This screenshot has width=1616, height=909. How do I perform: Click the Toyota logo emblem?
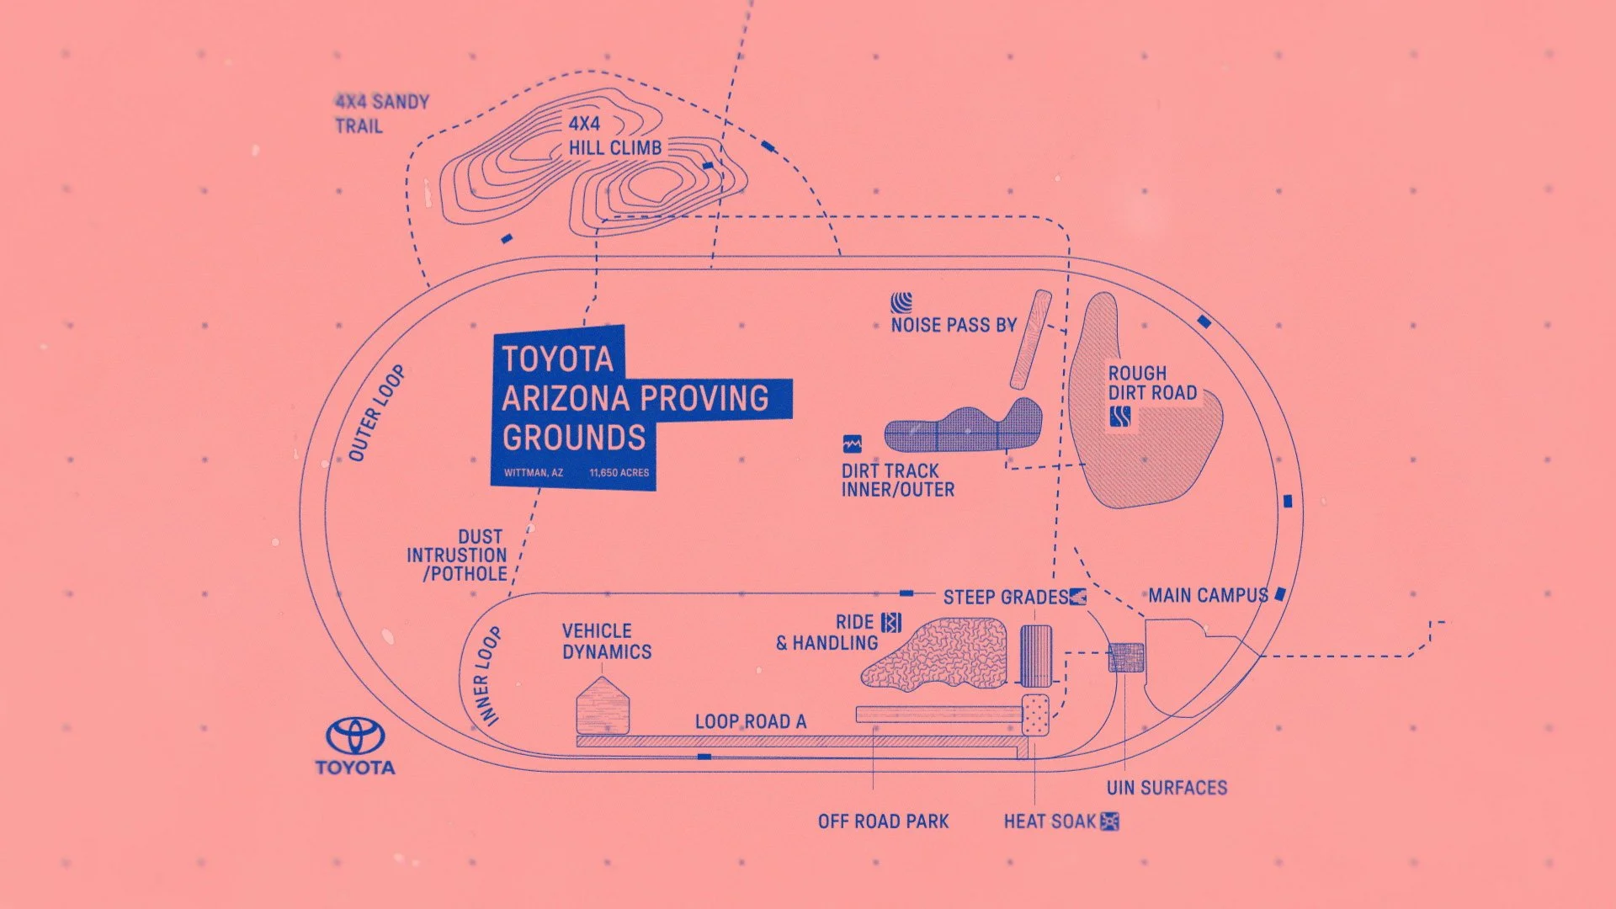355,736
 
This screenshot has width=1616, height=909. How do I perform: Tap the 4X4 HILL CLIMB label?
614,136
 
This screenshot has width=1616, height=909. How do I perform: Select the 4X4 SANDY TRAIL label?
381,114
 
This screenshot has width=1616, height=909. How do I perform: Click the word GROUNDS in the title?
574,438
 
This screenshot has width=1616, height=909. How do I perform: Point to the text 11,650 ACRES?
619,473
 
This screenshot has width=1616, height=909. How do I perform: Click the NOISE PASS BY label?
954,325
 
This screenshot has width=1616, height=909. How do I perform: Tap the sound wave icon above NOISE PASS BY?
901,302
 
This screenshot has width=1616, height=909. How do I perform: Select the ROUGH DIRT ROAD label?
1151,383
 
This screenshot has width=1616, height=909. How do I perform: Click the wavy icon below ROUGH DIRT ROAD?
1119,417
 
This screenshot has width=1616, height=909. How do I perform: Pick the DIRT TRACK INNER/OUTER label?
897,480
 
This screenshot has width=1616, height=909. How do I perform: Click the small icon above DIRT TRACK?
852,444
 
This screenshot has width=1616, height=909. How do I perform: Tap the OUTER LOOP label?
376,413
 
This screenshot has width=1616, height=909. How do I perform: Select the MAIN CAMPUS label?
1208,596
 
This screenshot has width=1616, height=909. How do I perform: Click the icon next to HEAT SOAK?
1109,821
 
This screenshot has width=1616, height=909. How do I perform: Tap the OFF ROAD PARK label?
883,821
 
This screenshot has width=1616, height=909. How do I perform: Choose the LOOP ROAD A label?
750,722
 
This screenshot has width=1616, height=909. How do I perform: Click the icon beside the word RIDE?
891,622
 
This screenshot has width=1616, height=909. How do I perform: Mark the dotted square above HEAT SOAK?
1035,715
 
